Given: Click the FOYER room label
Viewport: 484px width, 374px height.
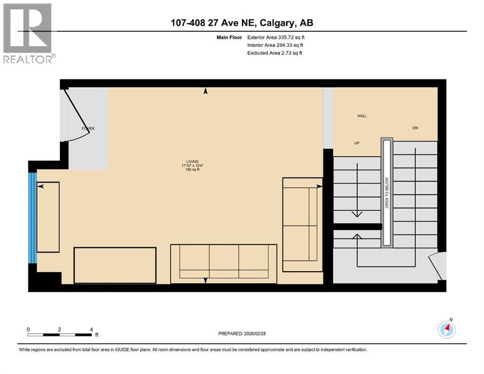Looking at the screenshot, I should click(88, 129).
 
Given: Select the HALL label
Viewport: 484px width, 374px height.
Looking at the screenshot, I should click(362, 116).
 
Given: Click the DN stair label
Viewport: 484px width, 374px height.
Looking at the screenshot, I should click(415, 128).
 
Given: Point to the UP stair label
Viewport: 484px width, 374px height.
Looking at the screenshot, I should click(357, 143).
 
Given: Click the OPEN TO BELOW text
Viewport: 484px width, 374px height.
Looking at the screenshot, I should click(387, 192).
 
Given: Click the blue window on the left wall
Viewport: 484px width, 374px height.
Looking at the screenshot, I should click(32, 217).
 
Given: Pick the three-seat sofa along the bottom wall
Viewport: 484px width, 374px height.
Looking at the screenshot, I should click(223, 263).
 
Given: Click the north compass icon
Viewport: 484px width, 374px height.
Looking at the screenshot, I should click(446, 330).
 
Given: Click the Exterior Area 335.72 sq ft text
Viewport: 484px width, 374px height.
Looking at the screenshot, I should click(275, 37).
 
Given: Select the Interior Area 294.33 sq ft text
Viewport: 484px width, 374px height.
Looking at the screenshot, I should click(274, 45).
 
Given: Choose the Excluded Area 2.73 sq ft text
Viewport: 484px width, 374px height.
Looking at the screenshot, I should click(274, 53).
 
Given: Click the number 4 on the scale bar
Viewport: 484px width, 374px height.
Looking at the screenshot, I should click(91, 329).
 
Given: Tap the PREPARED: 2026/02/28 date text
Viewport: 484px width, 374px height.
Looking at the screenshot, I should click(246, 334).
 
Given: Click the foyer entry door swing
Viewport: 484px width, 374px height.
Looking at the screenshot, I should click(76, 117).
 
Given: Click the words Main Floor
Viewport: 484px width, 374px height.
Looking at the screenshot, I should click(231, 37).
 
